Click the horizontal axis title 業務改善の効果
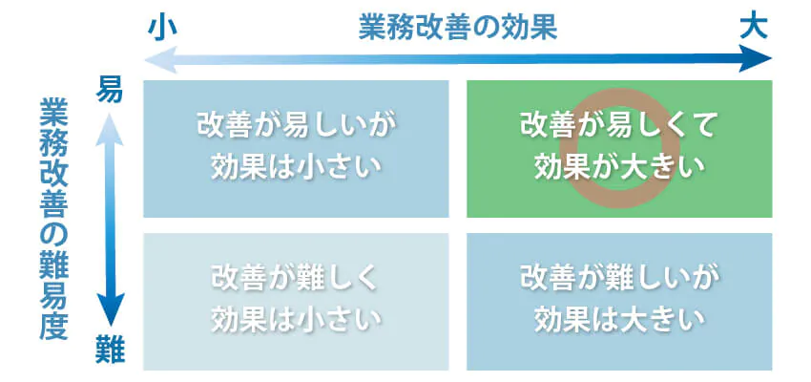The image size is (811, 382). click(x=458, y=30)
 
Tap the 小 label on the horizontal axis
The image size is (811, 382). click(x=162, y=29)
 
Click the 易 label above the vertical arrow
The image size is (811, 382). click(x=110, y=90)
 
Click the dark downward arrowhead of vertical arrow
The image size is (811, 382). click(x=111, y=309)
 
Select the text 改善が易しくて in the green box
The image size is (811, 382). click(x=618, y=127)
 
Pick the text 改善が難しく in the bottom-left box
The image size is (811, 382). click(x=296, y=280)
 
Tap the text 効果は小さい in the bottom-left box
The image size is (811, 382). click(x=297, y=319)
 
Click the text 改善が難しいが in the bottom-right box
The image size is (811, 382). click(x=618, y=280)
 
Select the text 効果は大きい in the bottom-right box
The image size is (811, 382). click(x=619, y=319)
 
